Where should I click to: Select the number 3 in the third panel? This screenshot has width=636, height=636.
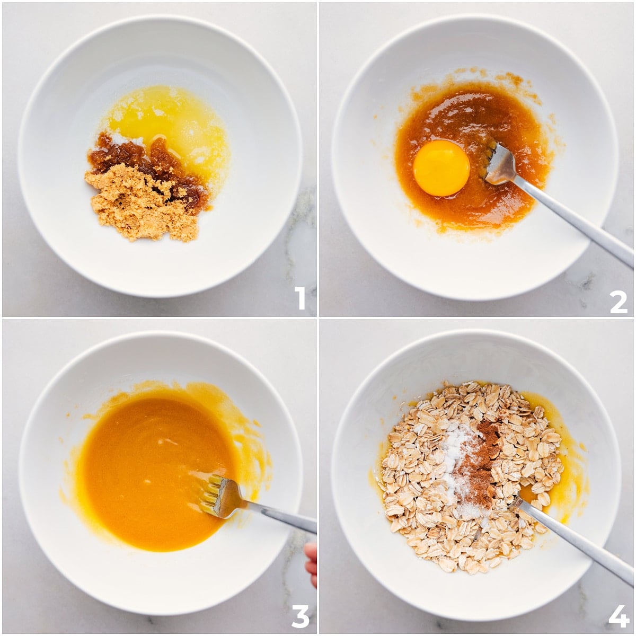[300, 616]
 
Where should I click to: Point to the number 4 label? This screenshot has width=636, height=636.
[618, 616]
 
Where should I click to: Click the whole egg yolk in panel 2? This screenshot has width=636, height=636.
[441, 170]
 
